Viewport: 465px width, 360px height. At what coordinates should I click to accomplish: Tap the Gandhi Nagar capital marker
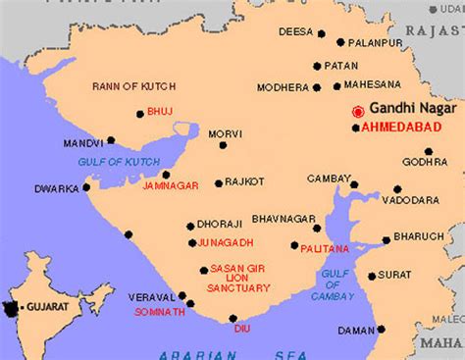359,111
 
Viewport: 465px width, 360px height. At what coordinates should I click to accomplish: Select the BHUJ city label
159,112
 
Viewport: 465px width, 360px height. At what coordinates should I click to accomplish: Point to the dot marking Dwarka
86,187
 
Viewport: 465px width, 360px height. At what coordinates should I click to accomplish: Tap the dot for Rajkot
220,183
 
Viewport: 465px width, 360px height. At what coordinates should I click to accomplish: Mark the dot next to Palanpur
339,42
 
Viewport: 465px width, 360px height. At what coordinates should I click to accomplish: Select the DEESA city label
295,31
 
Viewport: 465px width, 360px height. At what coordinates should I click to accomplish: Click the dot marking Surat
372,276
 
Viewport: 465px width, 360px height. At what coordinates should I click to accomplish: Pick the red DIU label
241,329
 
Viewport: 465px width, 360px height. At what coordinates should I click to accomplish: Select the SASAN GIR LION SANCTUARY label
240,277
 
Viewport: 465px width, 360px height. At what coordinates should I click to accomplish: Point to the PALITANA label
325,249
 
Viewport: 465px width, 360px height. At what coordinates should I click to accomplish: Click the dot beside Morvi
223,145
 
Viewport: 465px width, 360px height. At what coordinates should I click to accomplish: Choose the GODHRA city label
425,162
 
